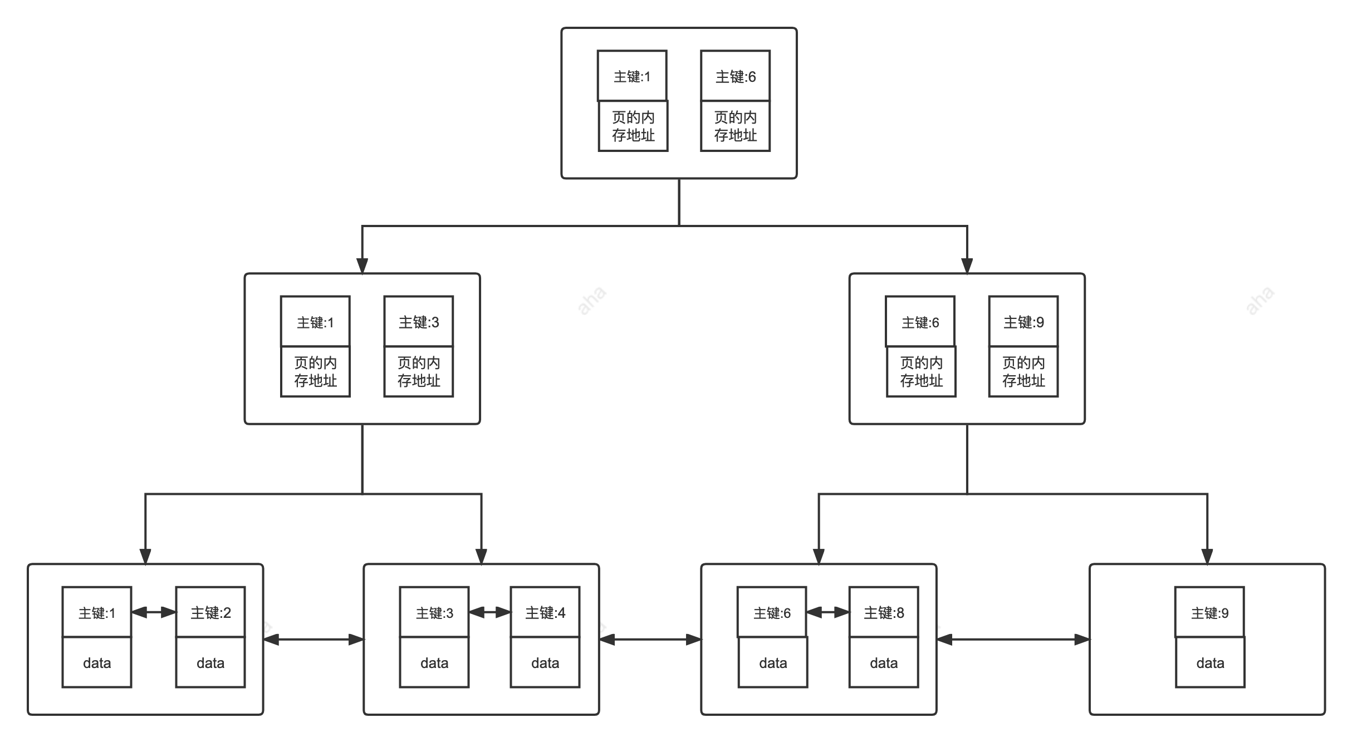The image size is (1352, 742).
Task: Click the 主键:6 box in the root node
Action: pyautogui.click(x=735, y=76)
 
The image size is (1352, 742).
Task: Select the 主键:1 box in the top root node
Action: pyautogui.click(x=632, y=76)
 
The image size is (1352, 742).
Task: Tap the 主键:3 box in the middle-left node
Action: pyautogui.click(x=419, y=322)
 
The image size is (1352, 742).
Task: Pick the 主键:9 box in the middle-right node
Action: pyautogui.click(x=1023, y=322)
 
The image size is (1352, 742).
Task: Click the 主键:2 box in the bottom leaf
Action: pyautogui.click(x=210, y=612)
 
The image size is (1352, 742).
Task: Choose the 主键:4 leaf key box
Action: pyautogui.click(x=545, y=612)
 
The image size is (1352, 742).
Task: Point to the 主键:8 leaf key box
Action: pyautogui.click(x=884, y=612)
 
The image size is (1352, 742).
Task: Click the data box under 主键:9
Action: pyautogui.click(x=1210, y=662)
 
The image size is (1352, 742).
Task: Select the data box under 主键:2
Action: pyautogui.click(x=210, y=662)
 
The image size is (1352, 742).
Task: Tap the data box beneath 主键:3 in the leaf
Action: pyautogui.click(x=434, y=662)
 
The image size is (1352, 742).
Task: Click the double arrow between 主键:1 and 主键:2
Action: pyautogui.click(x=154, y=612)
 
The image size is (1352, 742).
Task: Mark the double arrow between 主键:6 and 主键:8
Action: pyautogui.click(x=828, y=612)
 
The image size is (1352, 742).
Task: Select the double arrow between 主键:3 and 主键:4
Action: pyautogui.click(x=490, y=612)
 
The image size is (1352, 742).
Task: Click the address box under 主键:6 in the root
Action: pyautogui.click(x=735, y=126)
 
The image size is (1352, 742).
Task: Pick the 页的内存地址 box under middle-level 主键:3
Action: pyautogui.click(x=419, y=372)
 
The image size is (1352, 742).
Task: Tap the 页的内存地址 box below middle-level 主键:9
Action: pyautogui.click(x=1023, y=372)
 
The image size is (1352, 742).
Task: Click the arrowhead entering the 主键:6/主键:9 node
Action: pyautogui.click(x=967, y=266)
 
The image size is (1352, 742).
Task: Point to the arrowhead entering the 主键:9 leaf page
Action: pyautogui.click(x=1207, y=557)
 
